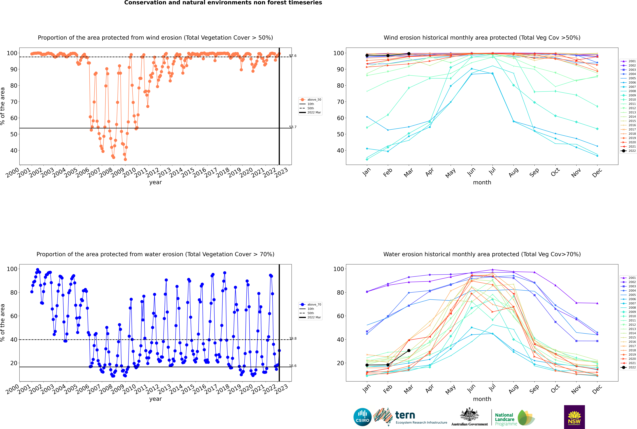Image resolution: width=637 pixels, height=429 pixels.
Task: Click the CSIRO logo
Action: [362, 417]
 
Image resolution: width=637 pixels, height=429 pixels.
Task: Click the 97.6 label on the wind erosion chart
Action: [293, 56]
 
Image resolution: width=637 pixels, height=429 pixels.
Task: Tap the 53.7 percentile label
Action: [293, 127]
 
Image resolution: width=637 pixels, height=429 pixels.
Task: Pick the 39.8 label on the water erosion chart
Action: [293, 338]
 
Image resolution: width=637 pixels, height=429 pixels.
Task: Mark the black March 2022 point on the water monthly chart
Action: [409, 351]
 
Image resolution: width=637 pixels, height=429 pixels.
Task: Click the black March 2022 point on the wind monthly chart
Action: [409, 54]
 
